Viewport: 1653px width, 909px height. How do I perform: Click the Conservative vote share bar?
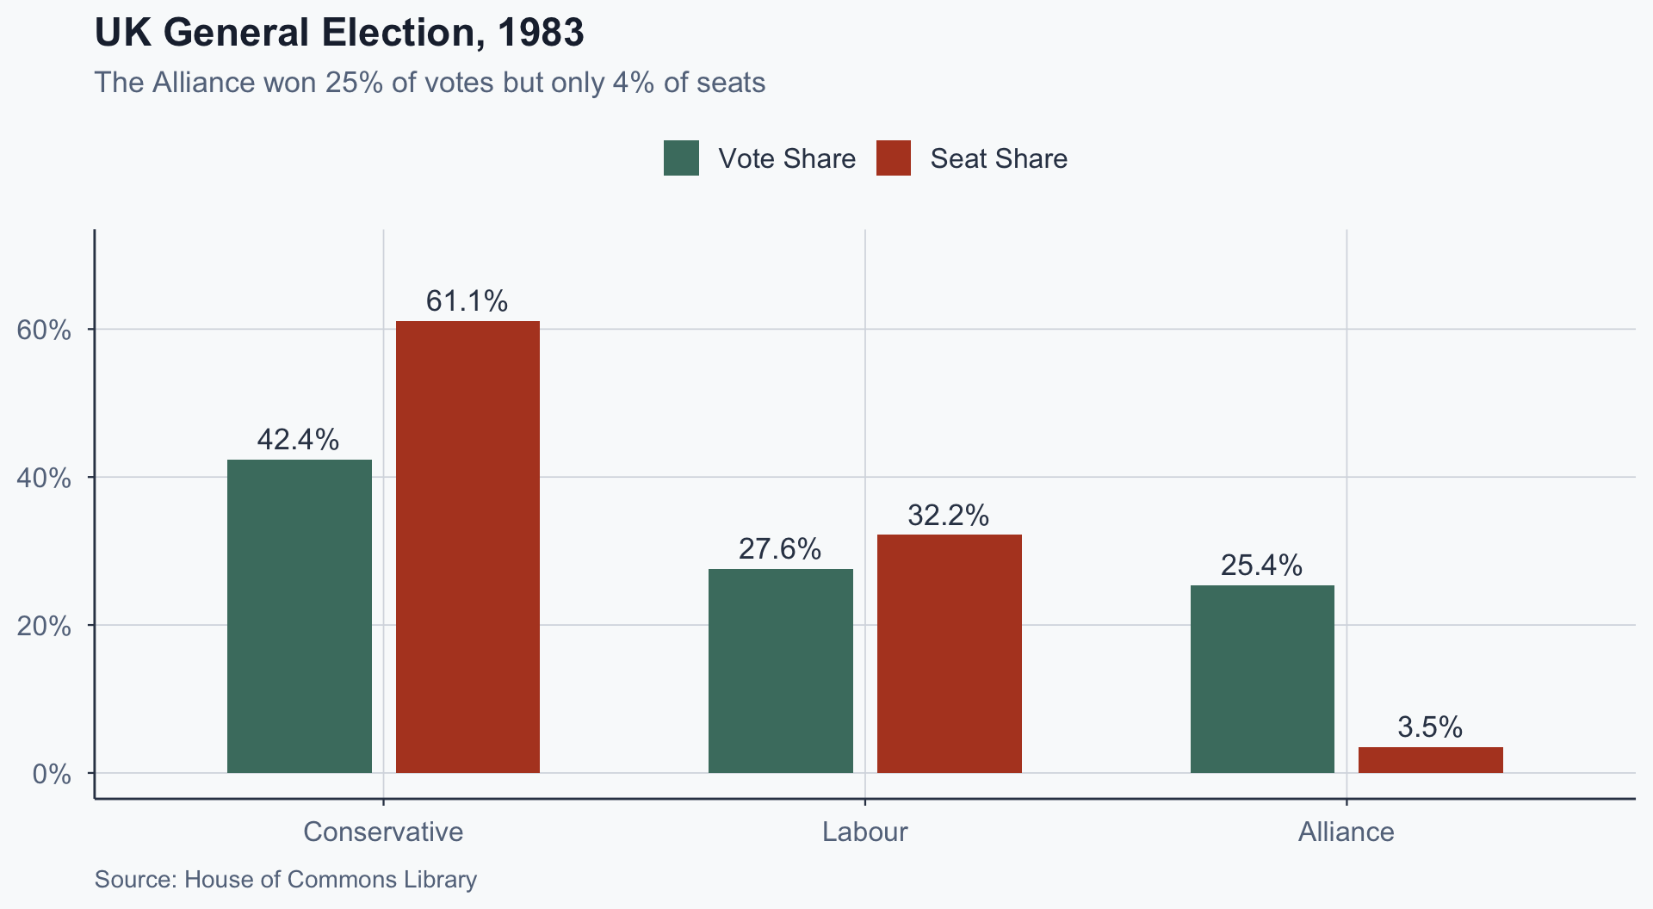[300, 615]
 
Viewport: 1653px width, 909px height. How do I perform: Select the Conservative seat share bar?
[467, 547]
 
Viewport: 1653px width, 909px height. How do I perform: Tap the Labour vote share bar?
[781, 671]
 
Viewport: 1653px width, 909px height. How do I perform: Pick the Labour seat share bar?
[949, 653]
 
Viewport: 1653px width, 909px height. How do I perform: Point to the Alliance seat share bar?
[1430, 759]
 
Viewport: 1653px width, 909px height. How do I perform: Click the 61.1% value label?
[467, 301]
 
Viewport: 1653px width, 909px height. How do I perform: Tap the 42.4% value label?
[299, 440]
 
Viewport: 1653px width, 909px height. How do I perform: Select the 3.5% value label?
[1430, 727]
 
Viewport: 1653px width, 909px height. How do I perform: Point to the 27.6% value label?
[780, 549]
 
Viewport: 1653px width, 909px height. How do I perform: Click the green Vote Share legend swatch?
[681, 158]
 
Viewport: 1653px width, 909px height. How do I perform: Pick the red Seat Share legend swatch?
[894, 158]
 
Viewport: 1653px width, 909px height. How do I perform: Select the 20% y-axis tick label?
[44, 626]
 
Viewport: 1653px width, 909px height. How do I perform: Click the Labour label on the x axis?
[864, 832]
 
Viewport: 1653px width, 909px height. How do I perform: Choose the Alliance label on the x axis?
[1346, 832]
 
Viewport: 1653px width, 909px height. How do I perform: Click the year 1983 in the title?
[541, 34]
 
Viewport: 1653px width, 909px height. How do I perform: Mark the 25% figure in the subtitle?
[354, 83]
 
